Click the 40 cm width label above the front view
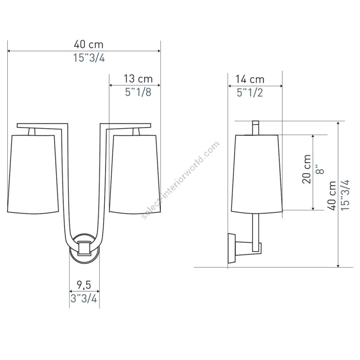click(89, 44)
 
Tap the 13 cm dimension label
click(138, 79)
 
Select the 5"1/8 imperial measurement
click(138, 92)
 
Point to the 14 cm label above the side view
click(250, 80)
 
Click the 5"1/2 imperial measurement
click(250, 93)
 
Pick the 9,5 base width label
click(84, 285)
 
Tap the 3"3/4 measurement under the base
click(84, 299)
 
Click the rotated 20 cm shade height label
click(306, 169)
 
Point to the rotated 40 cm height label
click(332, 195)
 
